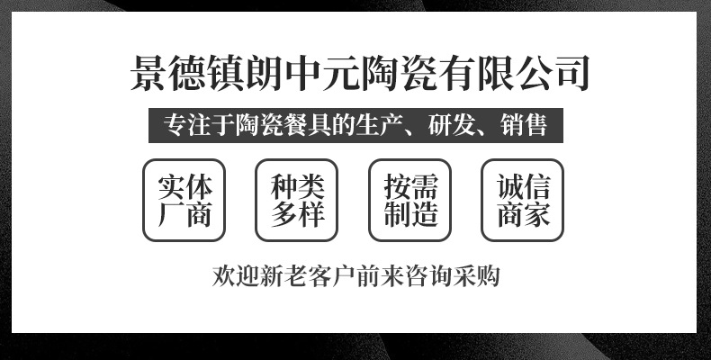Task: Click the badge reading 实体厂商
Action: tap(185, 201)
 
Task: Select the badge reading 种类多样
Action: tap(297, 201)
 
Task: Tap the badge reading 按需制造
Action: tap(410, 201)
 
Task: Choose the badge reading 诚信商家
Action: tap(523, 201)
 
